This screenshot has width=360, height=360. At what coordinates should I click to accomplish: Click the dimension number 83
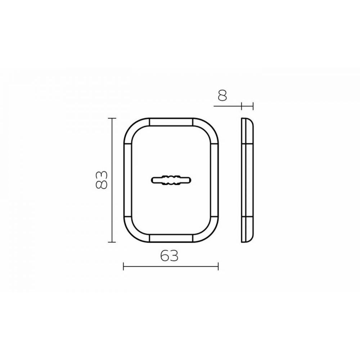(101, 180)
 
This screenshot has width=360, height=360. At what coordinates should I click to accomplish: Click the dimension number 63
(169, 255)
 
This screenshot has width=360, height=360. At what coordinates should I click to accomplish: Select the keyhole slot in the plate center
(171, 180)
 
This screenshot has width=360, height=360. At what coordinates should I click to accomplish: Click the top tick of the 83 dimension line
(112, 118)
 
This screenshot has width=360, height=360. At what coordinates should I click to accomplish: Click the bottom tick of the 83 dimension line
(112, 242)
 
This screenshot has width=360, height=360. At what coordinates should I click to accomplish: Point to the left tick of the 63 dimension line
(123, 266)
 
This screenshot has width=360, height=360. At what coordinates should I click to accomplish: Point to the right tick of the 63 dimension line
(218, 266)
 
